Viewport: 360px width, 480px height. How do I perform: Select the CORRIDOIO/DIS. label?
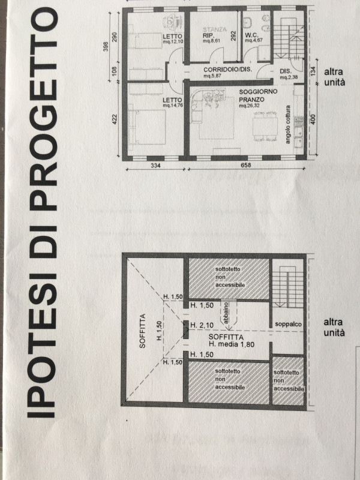[x=228, y=70]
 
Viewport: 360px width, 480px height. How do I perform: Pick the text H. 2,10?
[x=202, y=325]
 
